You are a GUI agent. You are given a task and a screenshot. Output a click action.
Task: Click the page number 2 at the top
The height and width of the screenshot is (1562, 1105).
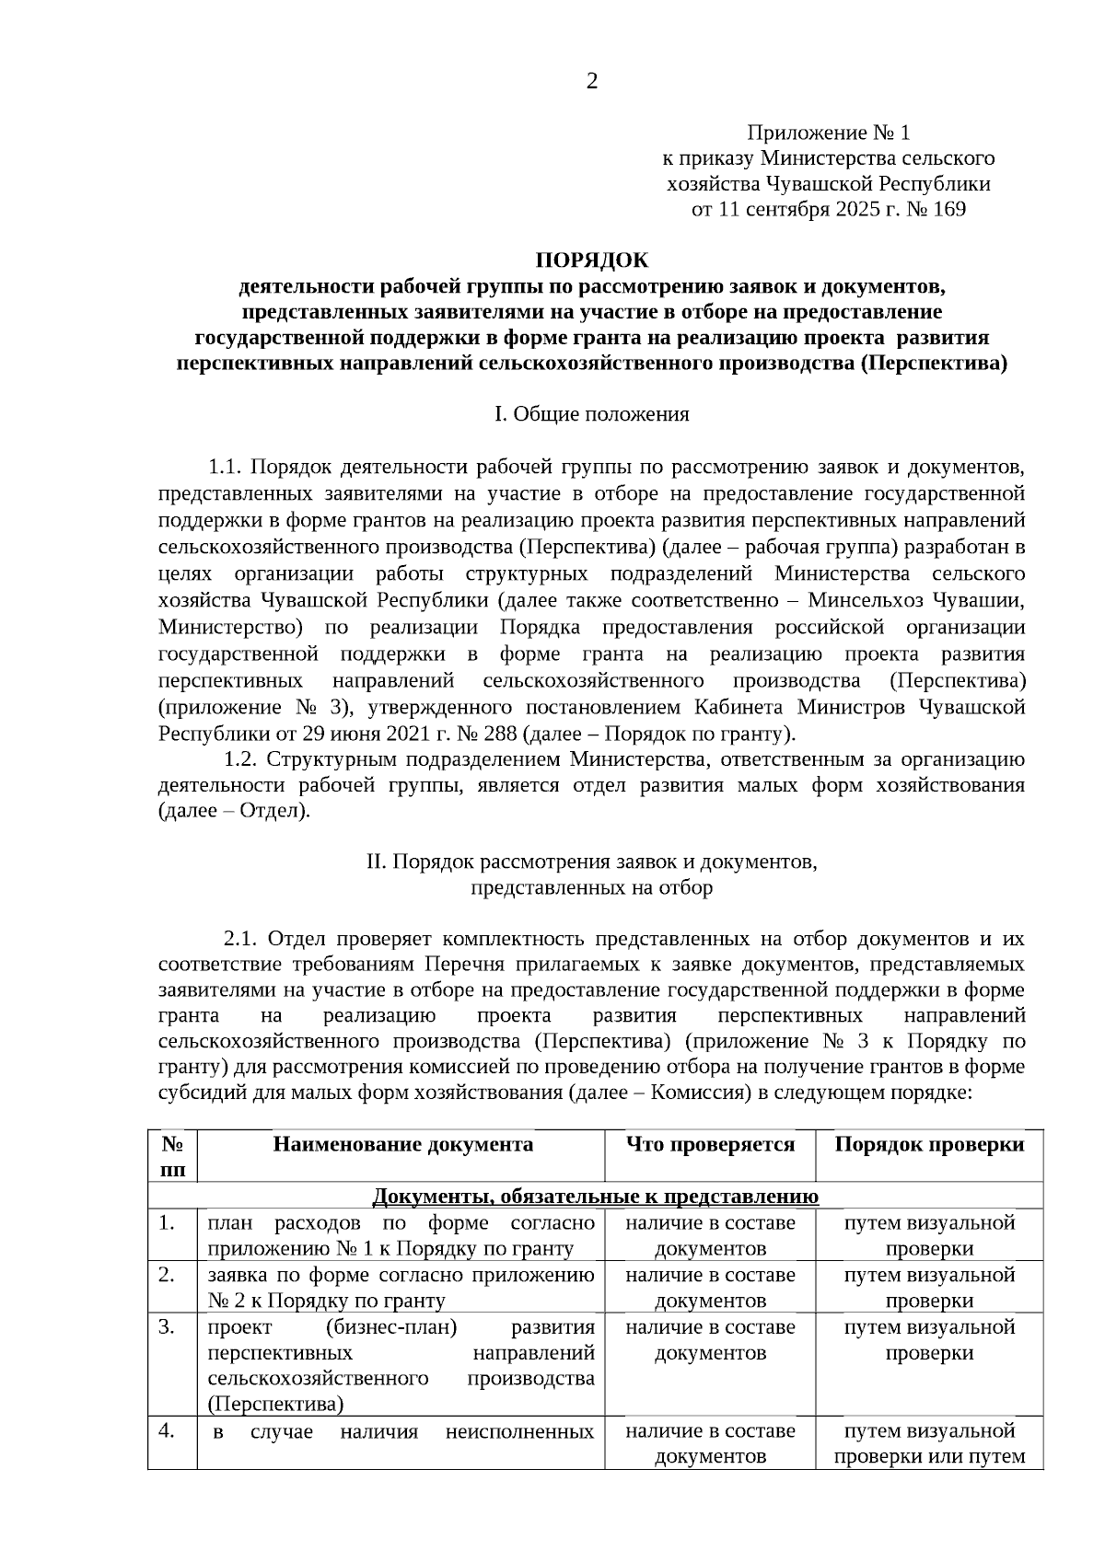591,82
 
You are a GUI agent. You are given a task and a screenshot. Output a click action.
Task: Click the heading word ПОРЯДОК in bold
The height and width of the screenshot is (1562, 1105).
592,260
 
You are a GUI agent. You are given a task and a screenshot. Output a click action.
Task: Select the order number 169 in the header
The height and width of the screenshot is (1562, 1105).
949,209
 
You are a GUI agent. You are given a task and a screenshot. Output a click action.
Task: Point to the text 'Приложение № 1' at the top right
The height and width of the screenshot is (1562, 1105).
828,133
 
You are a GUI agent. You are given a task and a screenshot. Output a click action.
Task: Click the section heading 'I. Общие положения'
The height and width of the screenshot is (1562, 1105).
592,414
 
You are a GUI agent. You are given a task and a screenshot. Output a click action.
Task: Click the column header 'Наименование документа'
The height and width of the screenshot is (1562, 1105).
403,1144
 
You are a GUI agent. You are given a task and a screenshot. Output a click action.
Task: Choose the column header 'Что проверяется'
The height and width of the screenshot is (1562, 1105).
710,1144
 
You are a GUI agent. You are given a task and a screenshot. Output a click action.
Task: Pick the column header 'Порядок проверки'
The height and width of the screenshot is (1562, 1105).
928,1144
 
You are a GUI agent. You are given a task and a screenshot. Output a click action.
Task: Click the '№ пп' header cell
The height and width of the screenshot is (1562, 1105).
172,1156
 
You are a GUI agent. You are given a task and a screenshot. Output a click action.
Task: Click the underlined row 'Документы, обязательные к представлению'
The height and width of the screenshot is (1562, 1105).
595,1196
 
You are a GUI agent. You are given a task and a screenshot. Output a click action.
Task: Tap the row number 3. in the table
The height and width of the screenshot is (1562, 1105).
167,1327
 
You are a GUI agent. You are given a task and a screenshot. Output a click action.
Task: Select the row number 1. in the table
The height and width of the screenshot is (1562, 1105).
167,1223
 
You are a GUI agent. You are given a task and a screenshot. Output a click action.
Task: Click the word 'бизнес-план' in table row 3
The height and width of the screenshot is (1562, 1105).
391,1327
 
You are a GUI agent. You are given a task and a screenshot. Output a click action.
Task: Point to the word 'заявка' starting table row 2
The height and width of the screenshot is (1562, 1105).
235,1275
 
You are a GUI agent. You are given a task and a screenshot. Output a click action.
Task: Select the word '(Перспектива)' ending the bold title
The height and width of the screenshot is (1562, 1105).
934,364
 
